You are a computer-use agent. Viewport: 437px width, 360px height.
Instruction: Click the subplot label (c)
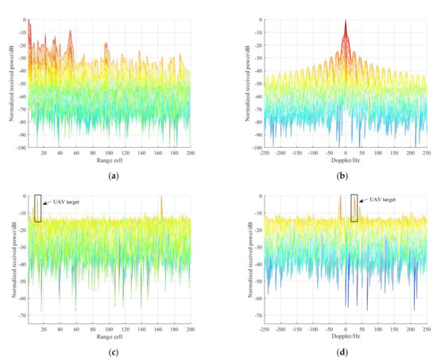(109, 348)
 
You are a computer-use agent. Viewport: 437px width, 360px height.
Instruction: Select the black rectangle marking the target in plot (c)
(37, 208)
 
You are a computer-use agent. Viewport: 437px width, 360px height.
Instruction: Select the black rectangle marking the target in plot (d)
(354, 208)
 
